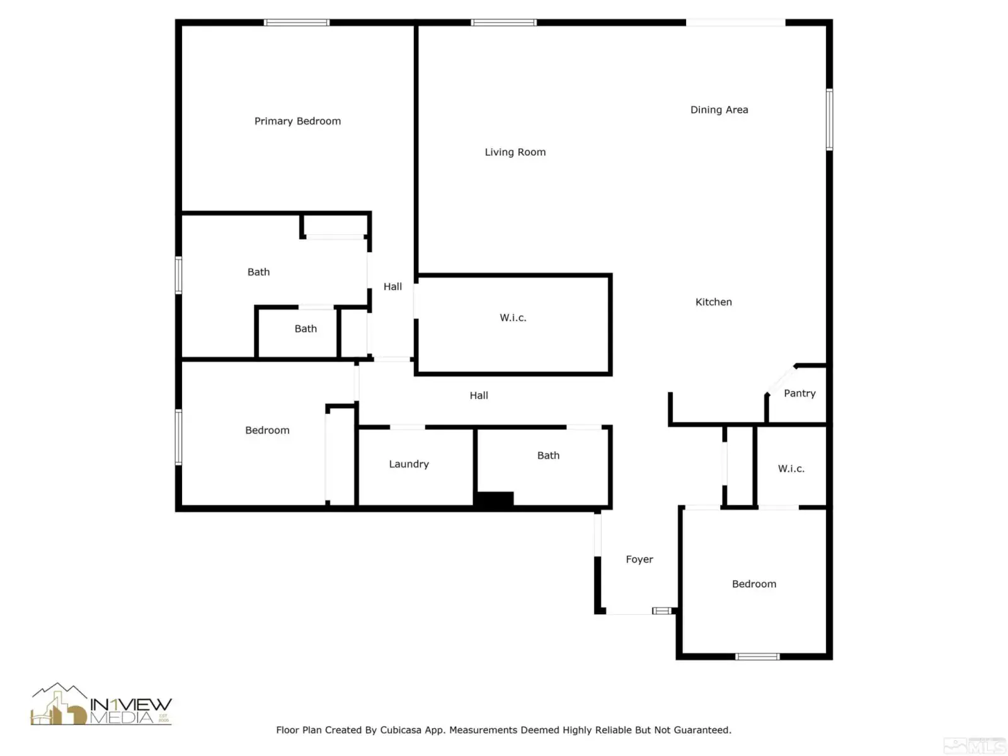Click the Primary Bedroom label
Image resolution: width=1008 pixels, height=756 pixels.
tap(297, 121)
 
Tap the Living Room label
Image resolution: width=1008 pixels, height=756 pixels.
tap(515, 152)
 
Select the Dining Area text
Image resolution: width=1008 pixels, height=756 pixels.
tap(719, 110)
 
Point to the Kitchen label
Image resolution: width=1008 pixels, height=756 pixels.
tap(713, 302)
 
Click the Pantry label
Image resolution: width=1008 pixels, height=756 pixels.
tap(799, 393)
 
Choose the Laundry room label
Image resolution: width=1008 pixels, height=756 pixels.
tap(409, 464)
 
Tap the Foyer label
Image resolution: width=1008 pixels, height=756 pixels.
tap(639, 559)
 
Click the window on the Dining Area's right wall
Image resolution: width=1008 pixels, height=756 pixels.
tap(829, 119)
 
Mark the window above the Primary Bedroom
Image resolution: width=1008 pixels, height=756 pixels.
tap(296, 23)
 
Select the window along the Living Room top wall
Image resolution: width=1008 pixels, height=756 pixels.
tap(503, 23)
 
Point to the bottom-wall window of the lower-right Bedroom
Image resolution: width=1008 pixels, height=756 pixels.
tap(757, 656)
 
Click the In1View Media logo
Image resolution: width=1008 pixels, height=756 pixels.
tap(101, 704)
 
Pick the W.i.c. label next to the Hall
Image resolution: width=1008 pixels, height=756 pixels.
tap(512, 318)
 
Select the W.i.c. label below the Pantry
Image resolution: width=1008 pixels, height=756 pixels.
tap(791, 469)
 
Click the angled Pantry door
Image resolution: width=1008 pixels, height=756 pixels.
tap(781, 380)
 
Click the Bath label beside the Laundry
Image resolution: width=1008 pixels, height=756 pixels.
tap(548, 455)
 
